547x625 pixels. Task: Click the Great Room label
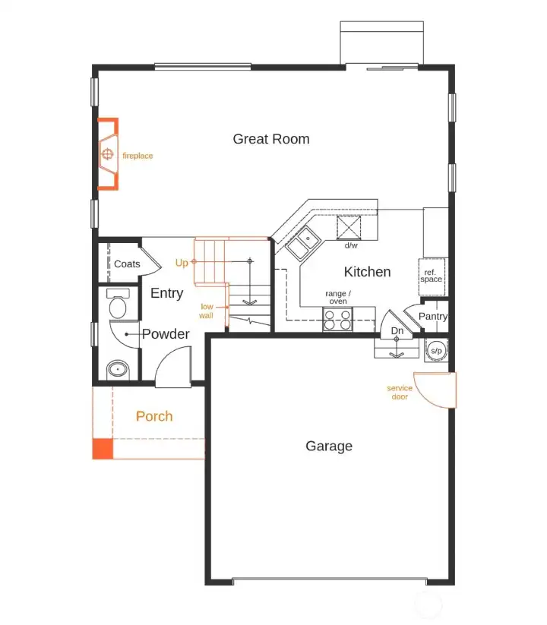pyautogui.click(x=270, y=139)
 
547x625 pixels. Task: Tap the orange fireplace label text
pyautogui.click(x=138, y=156)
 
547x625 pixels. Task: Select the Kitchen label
pyautogui.click(x=367, y=272)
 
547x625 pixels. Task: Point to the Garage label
pyautogui.click(x=329, y=446)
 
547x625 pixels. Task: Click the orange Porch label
pyautogui.click(x=154, y=416)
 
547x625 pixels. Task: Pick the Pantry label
pyautogui.click(x=433, y=316)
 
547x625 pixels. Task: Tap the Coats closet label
pyautogui.click(x=127, y=264)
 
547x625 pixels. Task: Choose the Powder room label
pyautogui.click(x=166, y=333)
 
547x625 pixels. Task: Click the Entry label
pyautogui.click(x=166, y=293)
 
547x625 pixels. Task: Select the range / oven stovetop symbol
pyautogui.click(x=338, y=320)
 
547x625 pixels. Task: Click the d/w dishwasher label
pyautogui.click(x=352, y=246)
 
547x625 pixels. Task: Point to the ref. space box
pyautogui.click(x=431, y=275)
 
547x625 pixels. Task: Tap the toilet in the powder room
pyautogui.click(x=118, y=305)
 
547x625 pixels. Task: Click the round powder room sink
pyautogui.click(x=117, y=370)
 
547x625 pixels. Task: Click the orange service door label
pyautogui.click(x=400, y=392)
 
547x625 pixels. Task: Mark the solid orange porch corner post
pyautogui.click(x=103, y=449)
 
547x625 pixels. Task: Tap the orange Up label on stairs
pyautogui.click(x=182, y=263)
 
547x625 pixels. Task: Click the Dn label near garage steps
pyautogui.click(x=397, y=331)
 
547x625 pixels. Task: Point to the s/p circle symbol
pyautogui.click(x=436, y=350)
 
